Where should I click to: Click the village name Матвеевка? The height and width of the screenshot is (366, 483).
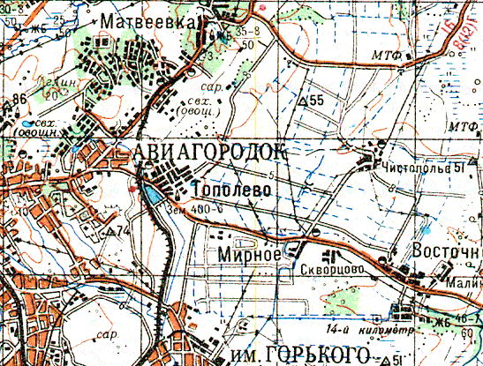click(147, 20)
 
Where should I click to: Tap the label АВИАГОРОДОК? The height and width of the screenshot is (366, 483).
click(212, 152)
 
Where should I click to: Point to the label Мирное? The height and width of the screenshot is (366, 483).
click(249, 254)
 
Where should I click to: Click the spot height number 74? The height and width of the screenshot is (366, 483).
click(123, 231)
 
